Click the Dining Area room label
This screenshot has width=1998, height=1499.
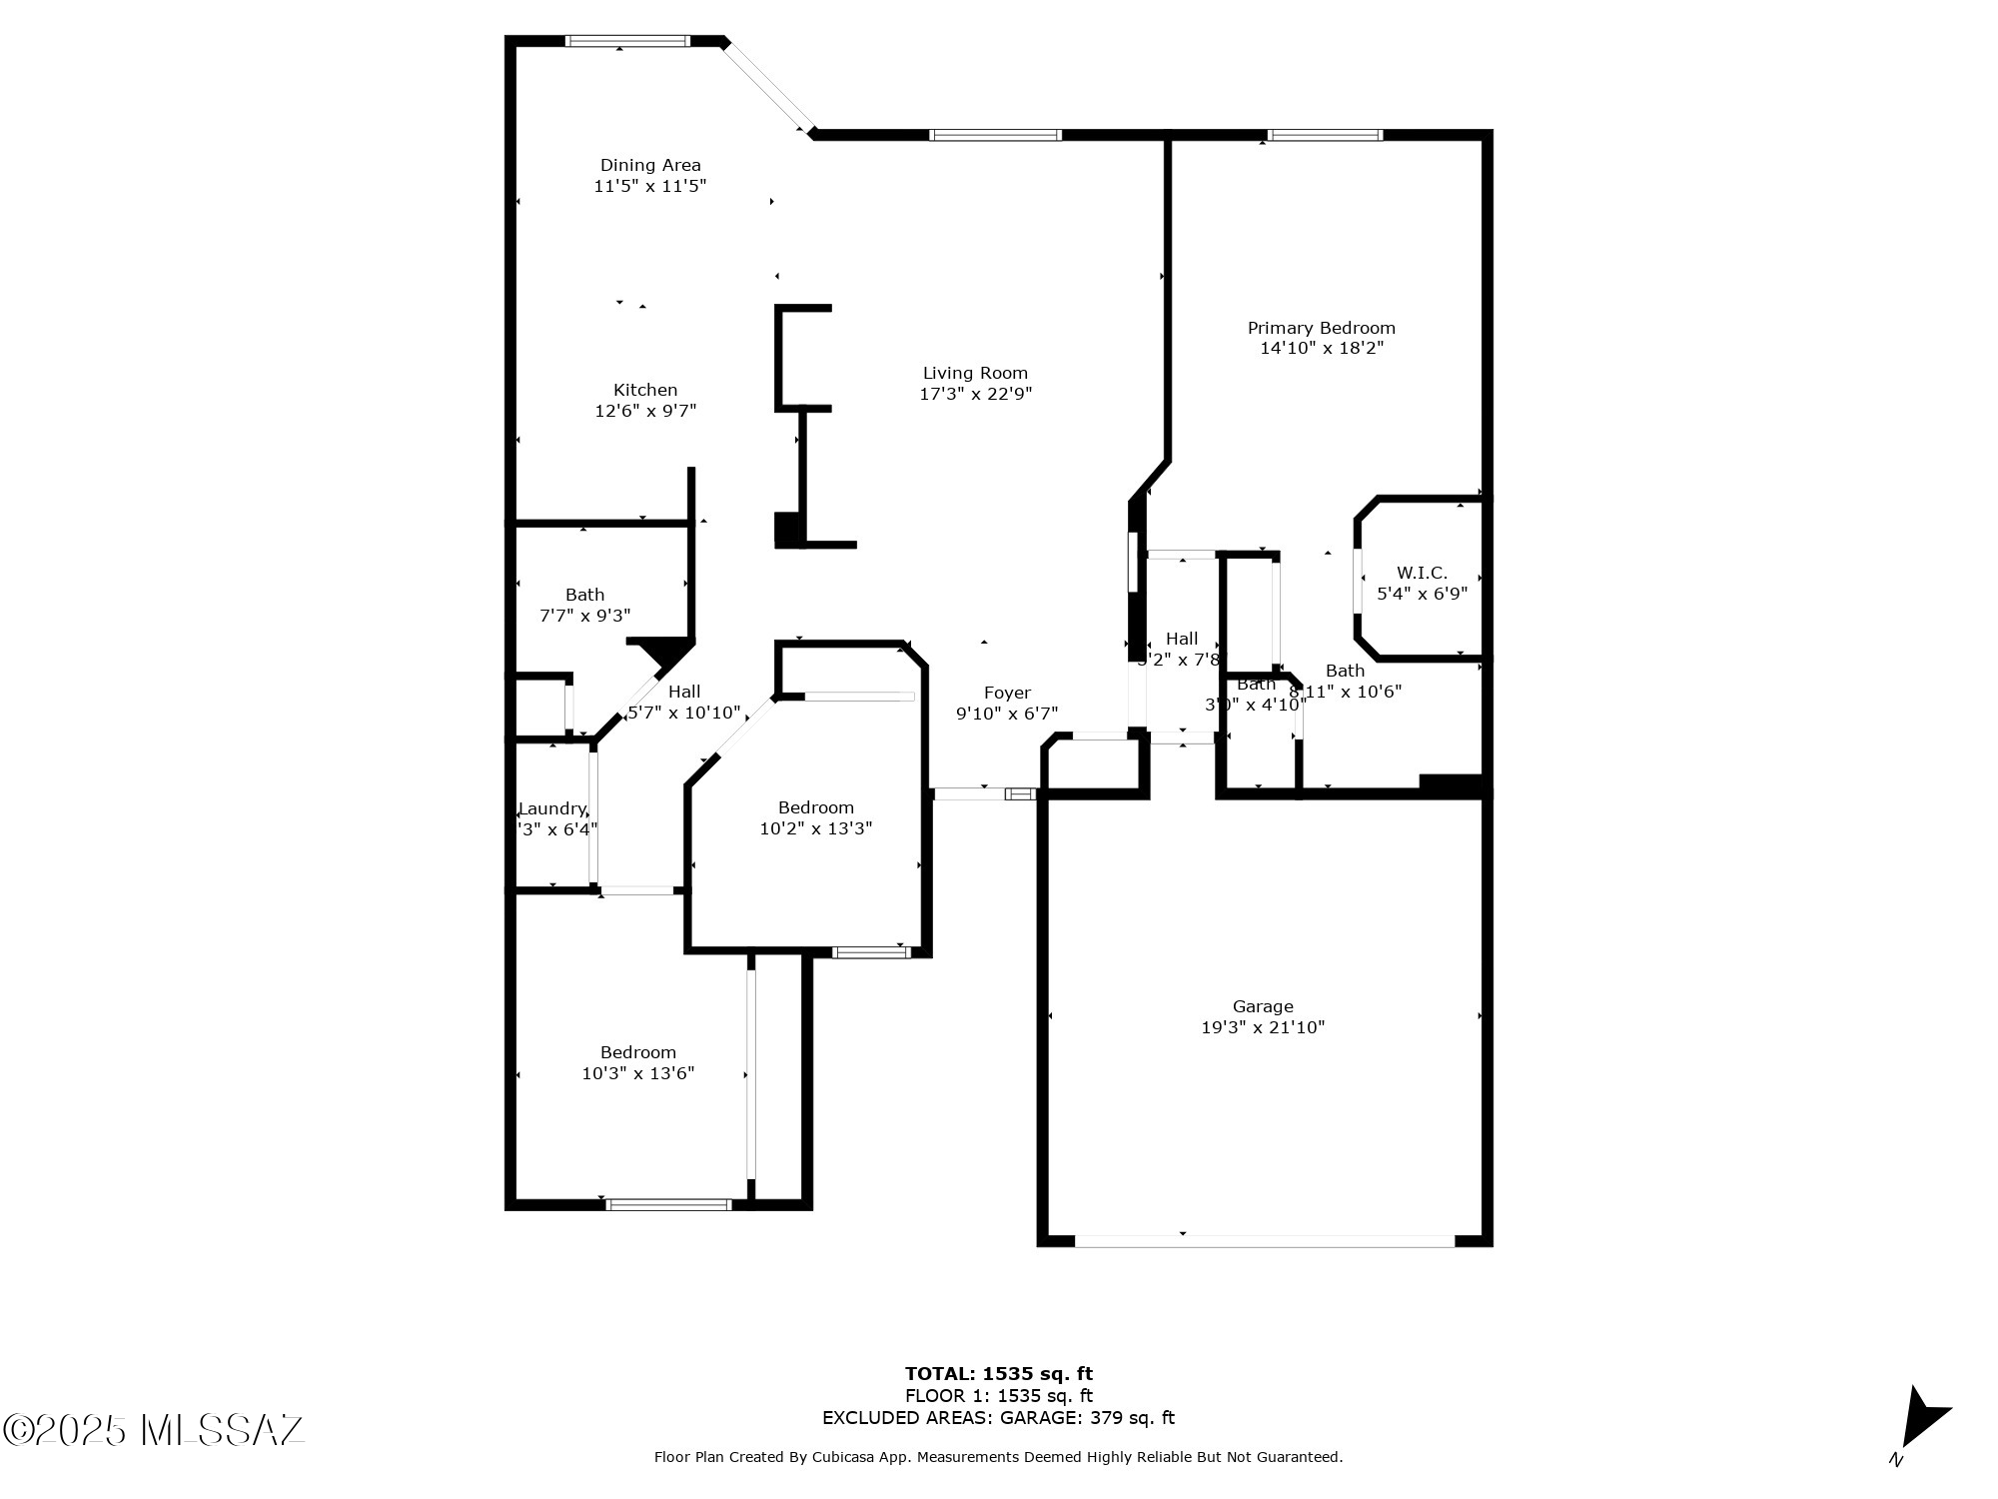650,165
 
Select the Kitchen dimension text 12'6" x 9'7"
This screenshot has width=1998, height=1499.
645,411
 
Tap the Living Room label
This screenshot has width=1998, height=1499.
975,373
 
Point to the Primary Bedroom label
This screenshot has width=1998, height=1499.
1321,328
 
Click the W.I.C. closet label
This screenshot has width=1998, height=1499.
1422,573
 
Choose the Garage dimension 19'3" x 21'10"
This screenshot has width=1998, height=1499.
1263,1027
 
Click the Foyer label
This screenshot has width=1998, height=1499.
1007,693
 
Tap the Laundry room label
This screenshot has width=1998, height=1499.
551,808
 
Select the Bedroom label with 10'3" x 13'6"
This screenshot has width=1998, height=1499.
638,1052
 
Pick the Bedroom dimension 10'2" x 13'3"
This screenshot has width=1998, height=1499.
816,828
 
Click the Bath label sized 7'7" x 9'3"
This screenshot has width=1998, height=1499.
584,595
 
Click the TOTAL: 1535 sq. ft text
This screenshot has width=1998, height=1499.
998,1374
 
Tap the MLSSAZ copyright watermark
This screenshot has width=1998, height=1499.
154,1430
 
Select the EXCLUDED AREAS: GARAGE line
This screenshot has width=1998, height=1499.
998,1418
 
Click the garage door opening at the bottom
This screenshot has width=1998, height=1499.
1264,1241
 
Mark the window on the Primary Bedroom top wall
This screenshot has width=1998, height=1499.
1325,135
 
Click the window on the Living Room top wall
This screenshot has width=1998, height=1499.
995,135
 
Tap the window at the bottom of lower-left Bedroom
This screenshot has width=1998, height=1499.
668,1205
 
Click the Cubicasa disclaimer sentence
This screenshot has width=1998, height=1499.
998,1458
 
